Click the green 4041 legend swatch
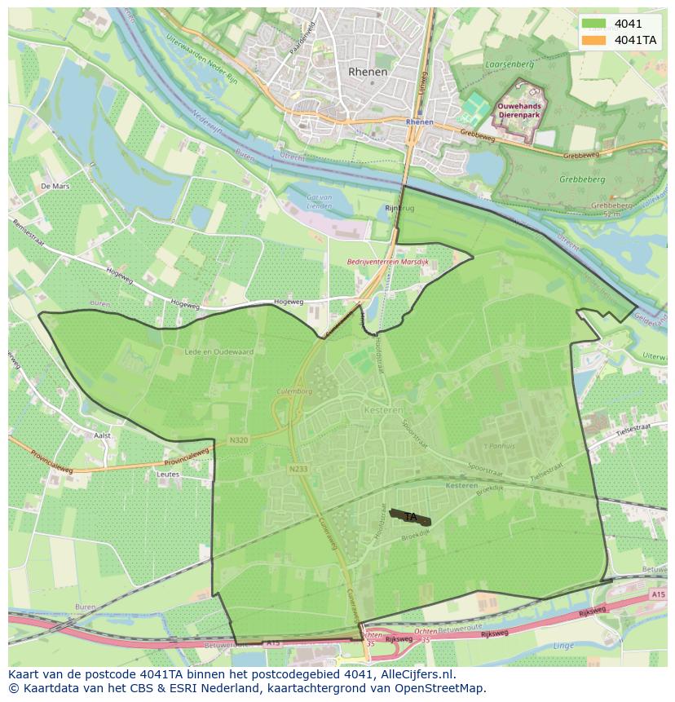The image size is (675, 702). point(593,24)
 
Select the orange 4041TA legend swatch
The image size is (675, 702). point(593,40)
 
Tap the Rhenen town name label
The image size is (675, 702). point(368,72)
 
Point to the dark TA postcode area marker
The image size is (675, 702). point(411,517)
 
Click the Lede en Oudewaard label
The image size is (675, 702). point(219,352)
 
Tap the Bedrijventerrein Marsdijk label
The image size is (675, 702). point(386,263)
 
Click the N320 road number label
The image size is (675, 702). point(239,441)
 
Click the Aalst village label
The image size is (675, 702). point(102,436)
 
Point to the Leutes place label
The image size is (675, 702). point(168,474)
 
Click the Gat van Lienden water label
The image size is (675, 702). point(319,201)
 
